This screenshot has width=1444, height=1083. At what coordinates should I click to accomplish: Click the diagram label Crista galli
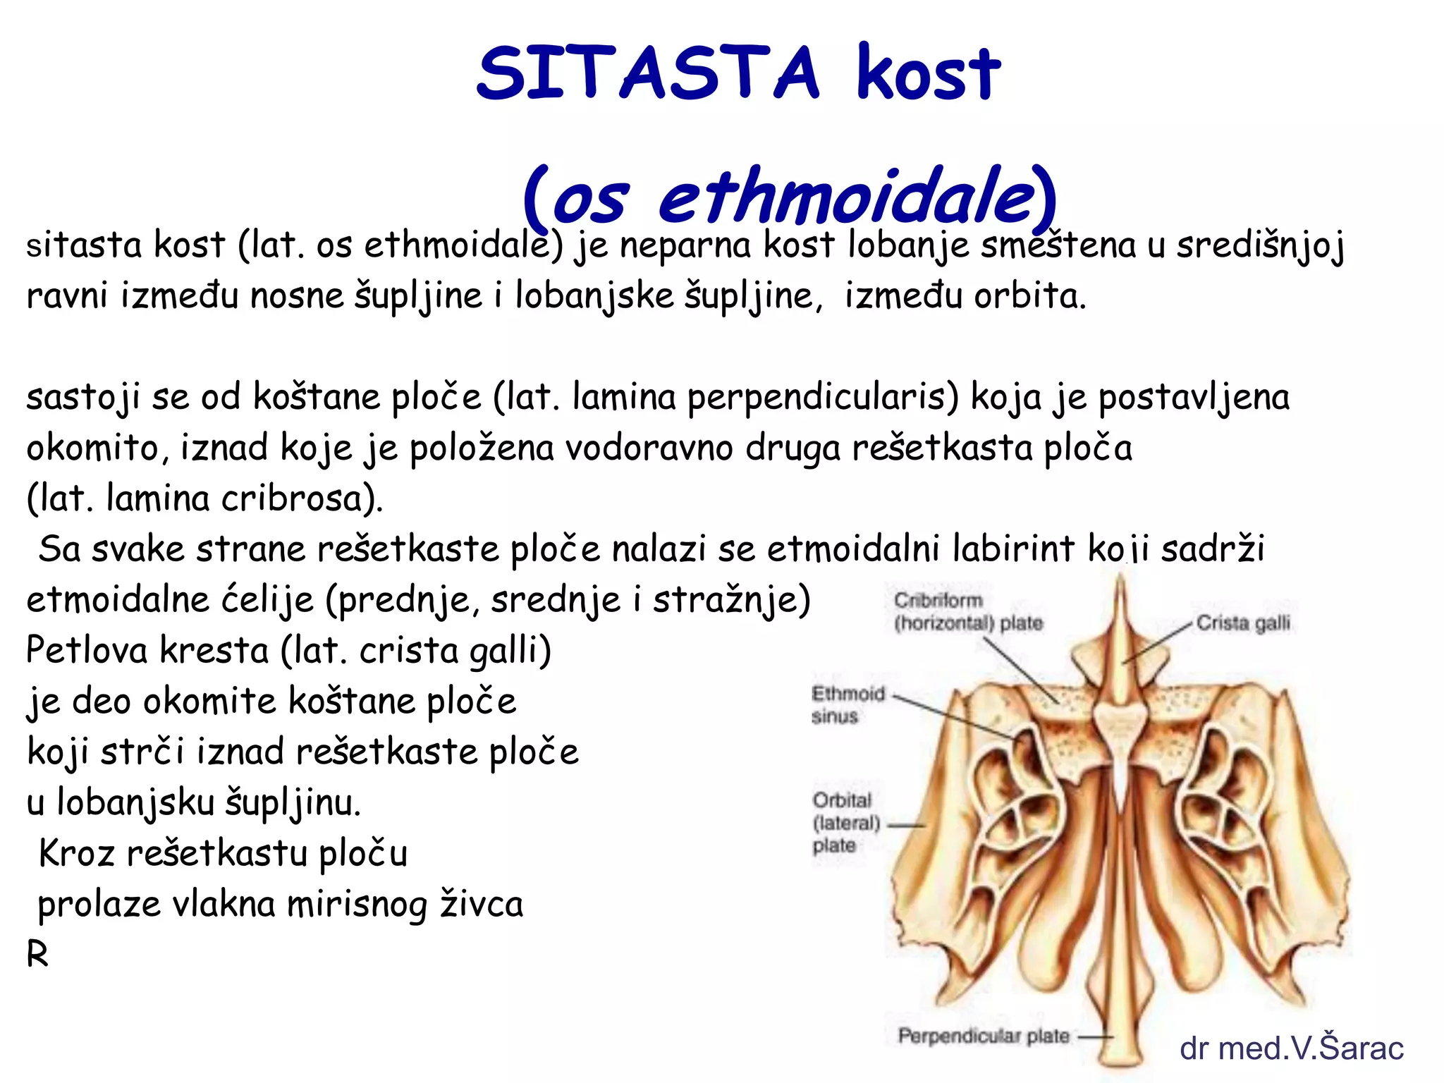[1242, 623]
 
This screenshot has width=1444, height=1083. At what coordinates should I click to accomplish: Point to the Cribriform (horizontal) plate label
[967, 612]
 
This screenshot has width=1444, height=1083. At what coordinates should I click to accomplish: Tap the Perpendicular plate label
[983, 1036]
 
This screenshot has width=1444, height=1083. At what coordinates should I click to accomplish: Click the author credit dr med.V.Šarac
[1291, 1048]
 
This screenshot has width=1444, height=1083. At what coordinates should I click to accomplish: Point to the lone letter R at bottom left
[37, 955]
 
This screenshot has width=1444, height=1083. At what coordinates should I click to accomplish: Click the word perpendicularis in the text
[822, 398]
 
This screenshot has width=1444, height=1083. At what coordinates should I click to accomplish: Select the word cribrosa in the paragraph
[302, 499]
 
